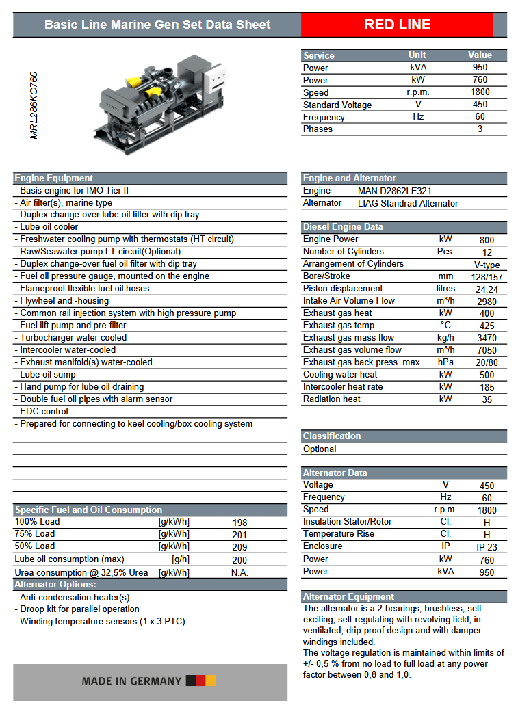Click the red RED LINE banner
click(397, 25)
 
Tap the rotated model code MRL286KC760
click(34, 105)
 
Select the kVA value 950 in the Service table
click(480, 68)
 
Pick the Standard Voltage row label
click(337, 105)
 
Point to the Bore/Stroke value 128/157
click(487, 276)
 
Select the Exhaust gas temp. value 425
click(487, 326)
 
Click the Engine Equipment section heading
click(54, 178)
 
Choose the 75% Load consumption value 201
click(239, 535)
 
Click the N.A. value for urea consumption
click(239, 572)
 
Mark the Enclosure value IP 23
click(487, 547)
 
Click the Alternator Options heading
click(55, 585)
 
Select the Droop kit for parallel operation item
click(79, 609)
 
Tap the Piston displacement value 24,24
click(487, 289)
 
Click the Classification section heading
click(332, 436)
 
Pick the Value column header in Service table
click(480, 55)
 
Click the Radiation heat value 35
click(487, 399)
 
